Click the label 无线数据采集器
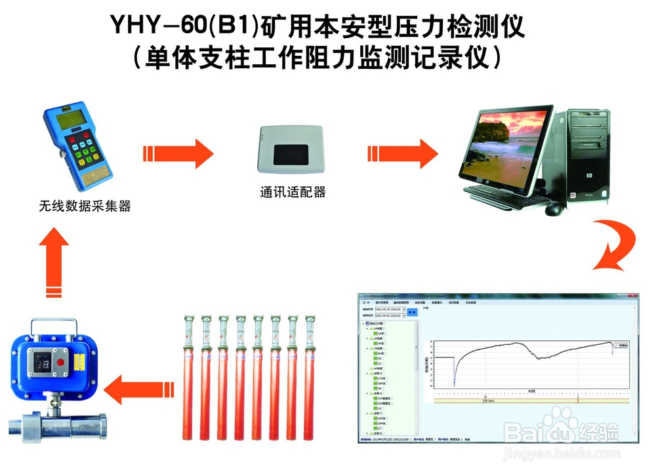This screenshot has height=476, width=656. click(x=85, y=207)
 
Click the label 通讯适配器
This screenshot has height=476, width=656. click(x=293, y=193)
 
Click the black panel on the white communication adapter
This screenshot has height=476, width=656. click(x=293, y=155)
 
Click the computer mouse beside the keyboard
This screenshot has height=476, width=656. click(x=554, y=208)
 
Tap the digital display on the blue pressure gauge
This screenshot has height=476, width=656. click(x=41, y=363)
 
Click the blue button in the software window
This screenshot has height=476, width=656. click(x=413, y=312)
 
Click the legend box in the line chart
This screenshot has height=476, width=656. click(x=619, y=344)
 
